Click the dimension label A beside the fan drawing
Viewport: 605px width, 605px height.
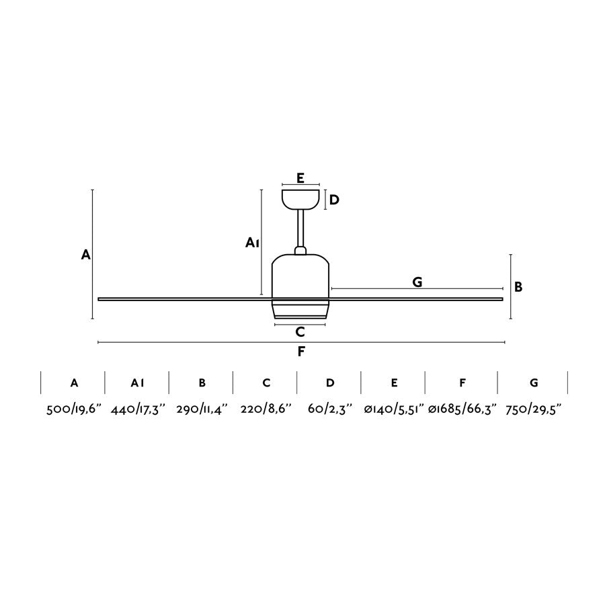[x=85, y=255]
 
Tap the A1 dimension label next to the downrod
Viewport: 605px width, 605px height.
[x=252, y=243]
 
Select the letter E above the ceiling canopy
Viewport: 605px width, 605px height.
[x=300, y=178]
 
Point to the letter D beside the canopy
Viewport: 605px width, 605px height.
[x=334, y=200]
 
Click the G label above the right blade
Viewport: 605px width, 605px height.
[x=417, y=282]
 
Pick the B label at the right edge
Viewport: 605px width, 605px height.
[x=518, y=287]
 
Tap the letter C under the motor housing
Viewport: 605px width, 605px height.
[x=300, y=331]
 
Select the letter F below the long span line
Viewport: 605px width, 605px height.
[x=301, y=351]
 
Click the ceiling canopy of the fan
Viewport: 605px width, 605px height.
[x=300, y=199]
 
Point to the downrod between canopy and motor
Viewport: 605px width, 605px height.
[x=300, y=229]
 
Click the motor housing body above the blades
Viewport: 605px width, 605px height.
[x=300, y=276]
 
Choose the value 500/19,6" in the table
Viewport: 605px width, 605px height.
[x=73, y=410]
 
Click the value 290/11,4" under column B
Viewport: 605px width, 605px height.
[x=202, y=410]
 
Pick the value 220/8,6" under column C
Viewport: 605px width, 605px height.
[x=266, y=410]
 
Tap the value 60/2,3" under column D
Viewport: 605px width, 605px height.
[x=329, y=410]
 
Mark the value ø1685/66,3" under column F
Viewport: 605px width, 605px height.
[x=462, y=410]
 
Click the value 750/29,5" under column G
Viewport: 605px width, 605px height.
[x=533, y=410]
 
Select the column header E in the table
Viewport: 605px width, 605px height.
[x=394, y=382]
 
